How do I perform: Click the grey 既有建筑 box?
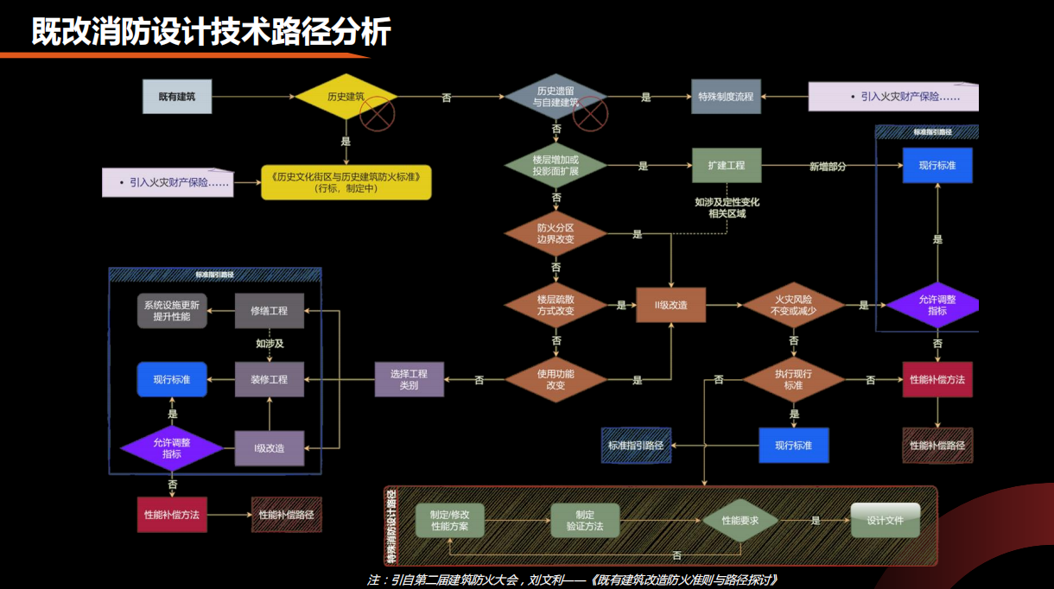tap(177, 96)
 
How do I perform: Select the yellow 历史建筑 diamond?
tap(346, 96)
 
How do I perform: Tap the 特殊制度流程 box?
tap(726, 97)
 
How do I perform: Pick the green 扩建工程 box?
tap(726, 165)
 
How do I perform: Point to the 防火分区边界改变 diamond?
tap(556, 233)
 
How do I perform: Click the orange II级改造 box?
tap(670, 305)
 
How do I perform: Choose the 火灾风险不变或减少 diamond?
tap(793, 305)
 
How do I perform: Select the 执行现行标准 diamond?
tap(793, 379)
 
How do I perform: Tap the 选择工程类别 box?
tap(410, 379)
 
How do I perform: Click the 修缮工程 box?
tap(270, 311)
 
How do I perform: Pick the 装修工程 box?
tap(270, 379)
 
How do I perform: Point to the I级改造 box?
tap(270, 448)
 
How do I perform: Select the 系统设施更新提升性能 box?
tap(172, 311)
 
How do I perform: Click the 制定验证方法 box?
tap(585, 520)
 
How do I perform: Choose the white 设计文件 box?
tap(885, 520)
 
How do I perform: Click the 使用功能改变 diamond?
tap(556, 379)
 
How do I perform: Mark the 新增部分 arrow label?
tap(828, 166)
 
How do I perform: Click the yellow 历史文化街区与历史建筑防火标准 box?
tap(346, 182)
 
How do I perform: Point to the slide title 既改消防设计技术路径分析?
tap(212, 31)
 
